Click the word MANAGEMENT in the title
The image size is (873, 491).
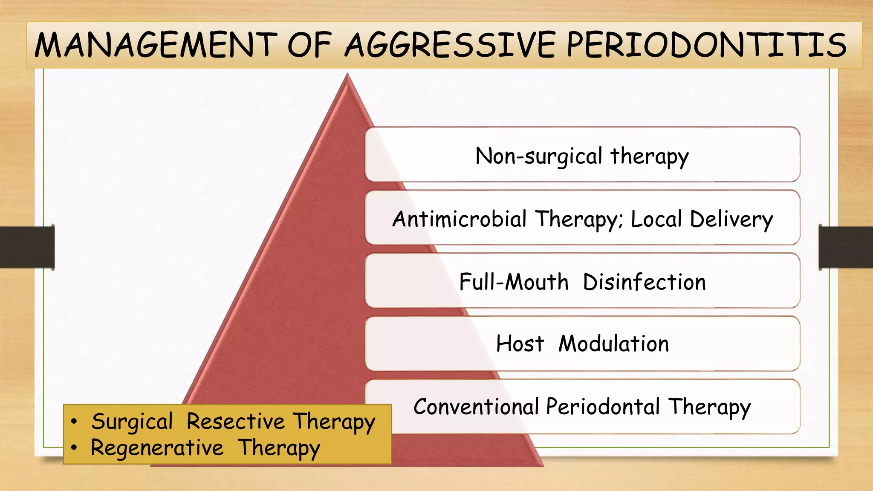[156, 45]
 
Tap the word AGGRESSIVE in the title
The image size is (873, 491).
[450, 45]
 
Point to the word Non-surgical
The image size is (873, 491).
[538, 156]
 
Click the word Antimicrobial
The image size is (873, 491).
[460, 219]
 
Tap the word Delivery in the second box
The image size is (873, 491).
[731, 220]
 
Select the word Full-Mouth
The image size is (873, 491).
[514, 282]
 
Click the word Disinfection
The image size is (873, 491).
[644, 282]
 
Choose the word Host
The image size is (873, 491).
[520, 344]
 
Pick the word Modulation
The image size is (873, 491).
[614, 344]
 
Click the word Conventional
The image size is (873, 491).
[476, 407]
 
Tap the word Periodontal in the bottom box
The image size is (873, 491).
[603, 407]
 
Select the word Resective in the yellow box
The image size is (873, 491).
[236, 422]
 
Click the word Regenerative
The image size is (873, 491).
[157, 448]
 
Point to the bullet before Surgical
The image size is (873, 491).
[75, 422]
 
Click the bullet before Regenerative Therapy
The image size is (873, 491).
[75, 448]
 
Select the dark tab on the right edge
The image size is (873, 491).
[846, 247]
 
